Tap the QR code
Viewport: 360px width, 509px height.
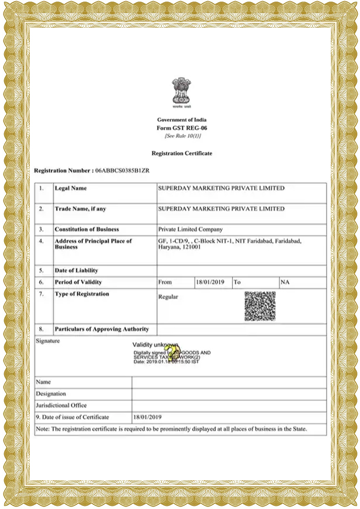pyautogui.click(x=259, y=306)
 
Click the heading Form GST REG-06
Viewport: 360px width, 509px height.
pyautogui.click(x=182, y=128)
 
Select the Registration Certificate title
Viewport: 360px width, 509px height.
pyautogui.click(x=182, y=153)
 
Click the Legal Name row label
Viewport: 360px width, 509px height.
pyautogui.click(x=71, y=188)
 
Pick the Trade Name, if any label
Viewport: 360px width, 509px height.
pyautogui.click(x=80, y=209)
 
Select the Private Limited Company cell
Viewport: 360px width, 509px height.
pyautogui.click(x=190, y=229)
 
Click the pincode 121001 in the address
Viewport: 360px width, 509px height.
pyautogui.click(x=190, y=247)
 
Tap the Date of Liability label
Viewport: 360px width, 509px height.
pyautogui.click(x=76, y=270)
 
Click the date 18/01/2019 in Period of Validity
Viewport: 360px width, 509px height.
pyautogui.click(x=210, y=282)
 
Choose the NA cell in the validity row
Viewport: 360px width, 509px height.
pyautogui.click(x=285, y=282)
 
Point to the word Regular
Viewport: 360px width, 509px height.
pyautogui.click(x=168, y=297)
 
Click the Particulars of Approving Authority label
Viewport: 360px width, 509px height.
pyautogui.click(x=102, y=329)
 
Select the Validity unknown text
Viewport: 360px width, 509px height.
pyautogui.click(x=155, y=345)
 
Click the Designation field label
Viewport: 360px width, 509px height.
pyautogui.click(x=51, y=394)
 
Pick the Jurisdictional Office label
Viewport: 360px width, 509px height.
pyautogui.click(x=61, y=405)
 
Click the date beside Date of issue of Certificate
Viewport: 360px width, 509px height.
pyautogui.click(x=148, y=417)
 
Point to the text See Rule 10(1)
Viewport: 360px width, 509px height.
pyautogui.click(x=182, y=136)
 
